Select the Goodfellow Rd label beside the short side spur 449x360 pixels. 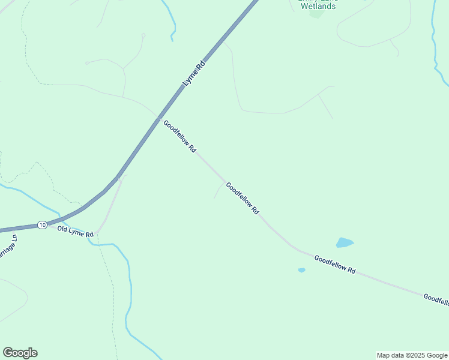[243, 199]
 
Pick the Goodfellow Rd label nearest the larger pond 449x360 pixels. [335, 264]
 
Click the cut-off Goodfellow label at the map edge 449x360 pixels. [436, 299]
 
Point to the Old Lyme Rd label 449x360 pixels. [76, 231]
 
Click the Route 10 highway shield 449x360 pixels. [41, 224]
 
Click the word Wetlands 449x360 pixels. [318, 6]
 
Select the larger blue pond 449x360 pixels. [344, 242]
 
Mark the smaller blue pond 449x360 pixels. [301, 270]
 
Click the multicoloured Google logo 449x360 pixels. [20, 353]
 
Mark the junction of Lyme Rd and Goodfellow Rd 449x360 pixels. [158, 116]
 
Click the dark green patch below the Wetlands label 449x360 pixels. [316, 14]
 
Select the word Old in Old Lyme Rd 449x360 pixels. [63, 229]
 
